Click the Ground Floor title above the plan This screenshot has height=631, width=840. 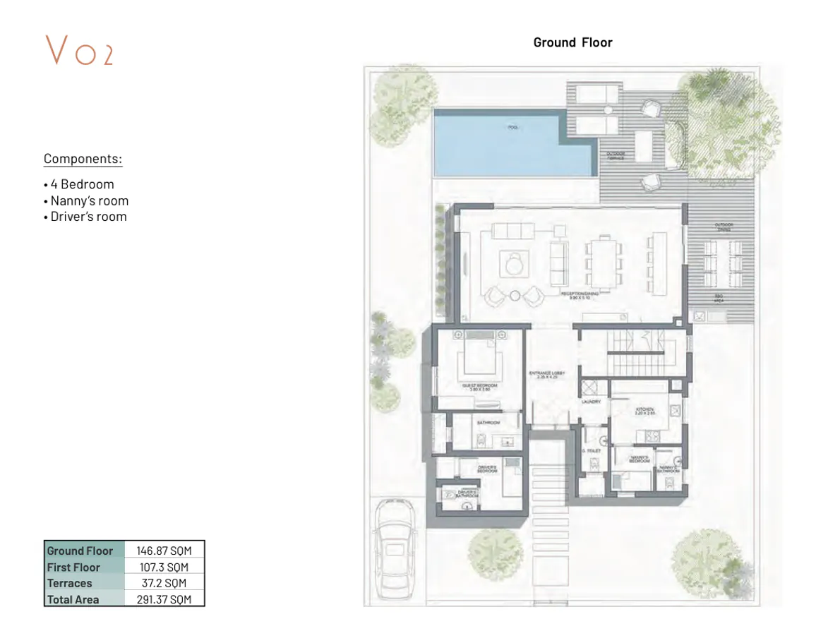(x=572, y=42)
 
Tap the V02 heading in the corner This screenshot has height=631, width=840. (x=79, y=50)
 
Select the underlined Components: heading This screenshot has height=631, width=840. (x=83, y=159)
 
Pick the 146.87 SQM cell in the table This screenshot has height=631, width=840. (x=164, y=551)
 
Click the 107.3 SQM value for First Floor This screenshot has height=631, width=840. (x=164, y=567)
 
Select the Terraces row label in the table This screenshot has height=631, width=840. (x=70, y=583)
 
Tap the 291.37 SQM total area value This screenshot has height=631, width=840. (x=164, y=599)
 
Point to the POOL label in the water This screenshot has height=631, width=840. (x=512, y=128)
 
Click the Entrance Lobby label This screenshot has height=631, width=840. (x=548, y=375)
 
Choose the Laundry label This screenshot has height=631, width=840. (x=590, y=402)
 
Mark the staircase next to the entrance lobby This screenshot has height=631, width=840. (x=639, y=354)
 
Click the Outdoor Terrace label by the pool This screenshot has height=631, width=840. (x=616, y=156)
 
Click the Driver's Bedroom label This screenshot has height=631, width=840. (x=487, y=469)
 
